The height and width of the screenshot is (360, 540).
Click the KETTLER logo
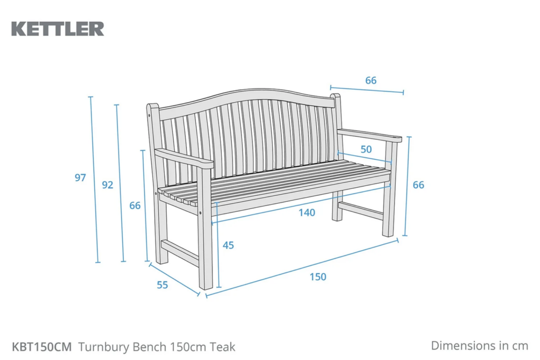58,29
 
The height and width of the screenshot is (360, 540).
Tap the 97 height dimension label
80,178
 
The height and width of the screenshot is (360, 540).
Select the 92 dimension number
108,185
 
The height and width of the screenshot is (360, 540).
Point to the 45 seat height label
228,245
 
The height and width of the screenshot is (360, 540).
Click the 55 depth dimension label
162,285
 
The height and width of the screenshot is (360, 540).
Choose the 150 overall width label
318,277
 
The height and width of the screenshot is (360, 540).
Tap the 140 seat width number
307,213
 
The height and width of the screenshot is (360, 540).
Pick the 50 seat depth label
366,149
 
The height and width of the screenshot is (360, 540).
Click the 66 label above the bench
371,81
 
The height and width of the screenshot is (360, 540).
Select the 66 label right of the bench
418,185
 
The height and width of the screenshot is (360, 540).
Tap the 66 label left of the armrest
135,206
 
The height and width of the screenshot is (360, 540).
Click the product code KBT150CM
42,347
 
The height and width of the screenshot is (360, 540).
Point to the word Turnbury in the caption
104,347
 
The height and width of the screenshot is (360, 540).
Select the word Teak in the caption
222,347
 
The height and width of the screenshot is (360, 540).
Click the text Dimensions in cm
480,346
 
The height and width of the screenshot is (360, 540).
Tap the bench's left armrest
184,159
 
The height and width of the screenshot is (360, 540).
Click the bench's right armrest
369,135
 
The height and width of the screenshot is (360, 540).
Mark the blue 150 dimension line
302,268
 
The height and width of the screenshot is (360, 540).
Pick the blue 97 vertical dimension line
94,180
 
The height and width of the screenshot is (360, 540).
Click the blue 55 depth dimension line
174,279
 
